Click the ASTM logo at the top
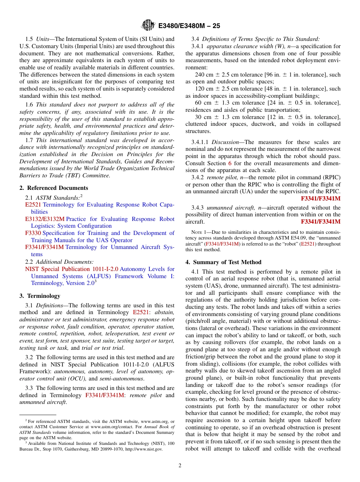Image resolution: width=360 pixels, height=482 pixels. pyautogui.click(x=148, y=25)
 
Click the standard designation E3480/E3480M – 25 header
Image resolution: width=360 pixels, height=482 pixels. pyautogui.click(x=189, y=26)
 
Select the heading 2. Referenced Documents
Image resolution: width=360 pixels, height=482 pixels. pyautogui.click(x=54, y=188)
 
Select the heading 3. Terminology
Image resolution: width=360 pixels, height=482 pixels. pyautogui.click(x=40, y=296)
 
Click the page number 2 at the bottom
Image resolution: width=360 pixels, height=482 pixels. pyautogui.click(x=180, y=466)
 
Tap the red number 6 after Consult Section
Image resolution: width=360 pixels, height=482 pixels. pyautogui.click(x=230, y=163)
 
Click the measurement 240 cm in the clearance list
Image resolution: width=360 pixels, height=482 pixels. pyautogui.click(x=203, y=75)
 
